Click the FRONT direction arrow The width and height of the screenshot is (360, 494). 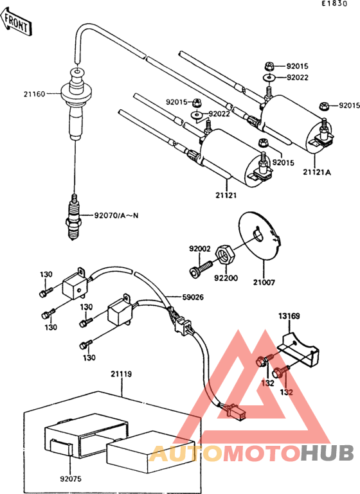(x=17, y=24)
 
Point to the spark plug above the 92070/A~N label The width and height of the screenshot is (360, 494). (x=74, y=217)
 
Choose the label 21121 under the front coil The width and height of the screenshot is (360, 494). (x=227, y=195)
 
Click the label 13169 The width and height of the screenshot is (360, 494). (x=289, y=315)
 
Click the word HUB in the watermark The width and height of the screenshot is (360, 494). (x=328, y=453)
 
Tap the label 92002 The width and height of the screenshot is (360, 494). (x=199, y=248)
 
